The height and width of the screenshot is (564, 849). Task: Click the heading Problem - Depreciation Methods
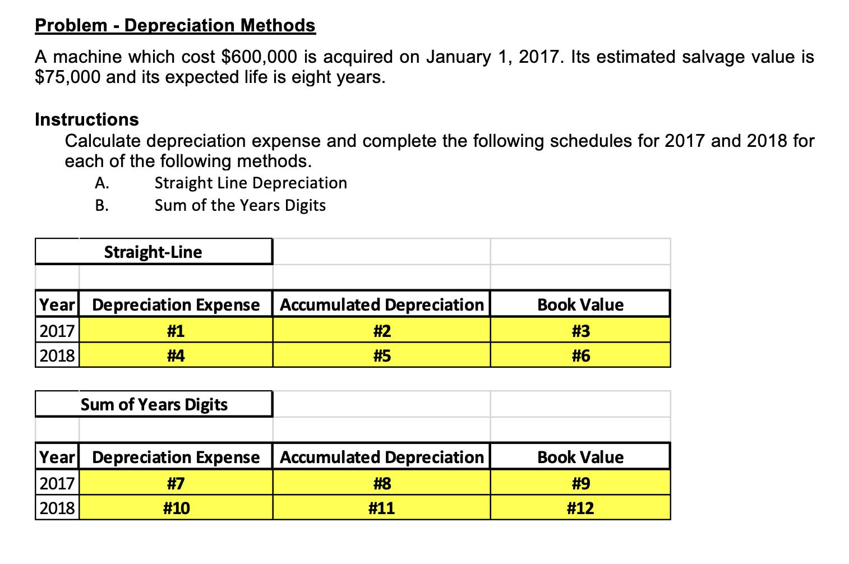175,25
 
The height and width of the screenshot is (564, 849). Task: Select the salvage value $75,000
67,77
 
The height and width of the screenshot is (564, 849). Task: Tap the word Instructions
86,119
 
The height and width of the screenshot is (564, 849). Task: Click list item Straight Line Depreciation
251,183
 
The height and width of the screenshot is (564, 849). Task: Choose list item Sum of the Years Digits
240,205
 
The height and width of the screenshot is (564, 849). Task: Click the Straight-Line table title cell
153,252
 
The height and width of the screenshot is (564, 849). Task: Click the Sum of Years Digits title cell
154,404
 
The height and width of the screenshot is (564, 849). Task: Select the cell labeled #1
176,331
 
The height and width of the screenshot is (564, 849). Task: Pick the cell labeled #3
580,331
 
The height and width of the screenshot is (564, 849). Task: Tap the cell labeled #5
381,355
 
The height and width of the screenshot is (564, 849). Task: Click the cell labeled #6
580,355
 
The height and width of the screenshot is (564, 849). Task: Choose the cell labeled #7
176,483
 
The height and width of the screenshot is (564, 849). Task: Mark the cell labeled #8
381,483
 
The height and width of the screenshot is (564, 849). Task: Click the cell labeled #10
176,508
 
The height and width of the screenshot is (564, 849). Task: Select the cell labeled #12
580,508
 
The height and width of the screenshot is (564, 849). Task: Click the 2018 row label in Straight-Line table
57,355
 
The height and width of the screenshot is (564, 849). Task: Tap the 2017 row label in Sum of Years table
57,483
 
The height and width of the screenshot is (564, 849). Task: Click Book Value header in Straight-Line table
580,304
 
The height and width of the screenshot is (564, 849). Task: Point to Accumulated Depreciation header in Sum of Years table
381,457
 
